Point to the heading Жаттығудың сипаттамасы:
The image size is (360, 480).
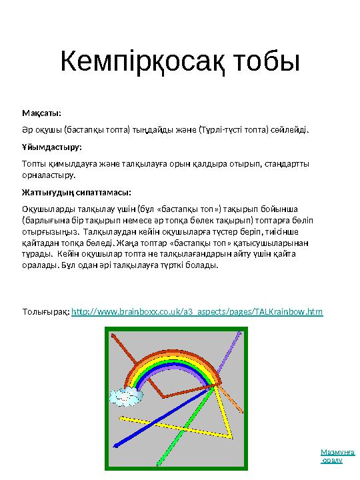coord(76,192)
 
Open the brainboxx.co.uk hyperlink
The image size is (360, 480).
coord(197,311)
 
